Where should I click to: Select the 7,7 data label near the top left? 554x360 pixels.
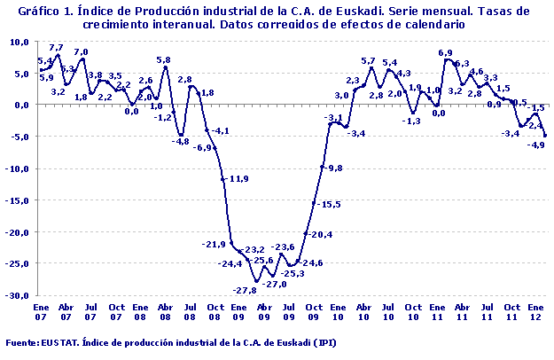pyautogui.click(x=56, y=47)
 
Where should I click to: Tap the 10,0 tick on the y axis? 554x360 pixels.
pyautogui.click(x=20, y=42)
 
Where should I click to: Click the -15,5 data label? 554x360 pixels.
pyautogui.click(x=331, y=204)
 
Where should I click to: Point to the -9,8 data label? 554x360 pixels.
pyautogui.click(x=333, y=168)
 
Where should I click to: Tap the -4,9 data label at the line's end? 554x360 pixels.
pyautogui.click(x=535, y=145)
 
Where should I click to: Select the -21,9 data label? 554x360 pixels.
pyautogui.click(x=214, y=244)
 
